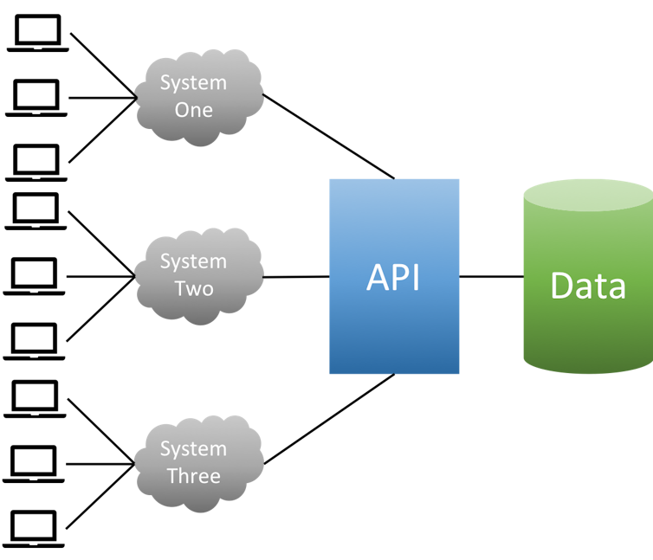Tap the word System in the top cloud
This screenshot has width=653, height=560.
pyautogui.click(x=193, y=83)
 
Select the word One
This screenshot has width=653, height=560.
pyautogui.click(x=193, y=111)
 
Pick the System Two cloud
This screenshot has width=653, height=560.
pyautogui.click(x=198, y=275)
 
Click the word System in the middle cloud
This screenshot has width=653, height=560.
pyautogui.click(x=193, y=261)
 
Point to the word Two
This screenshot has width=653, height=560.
pyautogui.click(x=193, y=289)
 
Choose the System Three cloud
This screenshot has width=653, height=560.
pyautogui.click(x=198, y=463)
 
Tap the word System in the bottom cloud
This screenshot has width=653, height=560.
pyautogui.click(x=193, y=449)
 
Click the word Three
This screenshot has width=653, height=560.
pyautogui.click(x=193, y=476)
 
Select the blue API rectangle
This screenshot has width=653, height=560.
pyautogui.click(x=394, y=329)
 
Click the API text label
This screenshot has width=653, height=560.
pyautogui.click(x=393, y=278)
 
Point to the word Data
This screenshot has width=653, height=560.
pyautogui.click(x=588, y=286)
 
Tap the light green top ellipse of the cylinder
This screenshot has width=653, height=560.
pyautogui.click(x=588, y=195)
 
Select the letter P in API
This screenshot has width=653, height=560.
pyautogui.click(x=398, y=278)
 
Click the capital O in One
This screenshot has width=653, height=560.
pyautogui.click(x=183, y=111)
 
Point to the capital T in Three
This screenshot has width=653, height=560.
pyautogui.click(x=171, y=476)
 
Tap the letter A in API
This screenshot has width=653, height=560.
pyautogui.click(x=378, y=278)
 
